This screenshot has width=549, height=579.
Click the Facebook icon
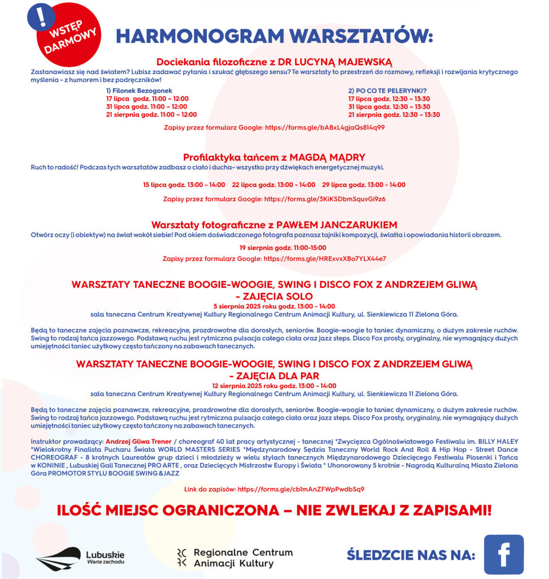coord(503,554)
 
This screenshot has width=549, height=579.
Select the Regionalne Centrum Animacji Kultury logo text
coord(243,558)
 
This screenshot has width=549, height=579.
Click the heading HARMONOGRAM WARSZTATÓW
coord(274,36)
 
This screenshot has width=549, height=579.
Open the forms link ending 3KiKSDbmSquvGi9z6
coord(325,199)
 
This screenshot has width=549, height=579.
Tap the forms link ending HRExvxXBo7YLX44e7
coord(325,258)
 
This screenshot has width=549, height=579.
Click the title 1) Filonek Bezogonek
coord(139,90)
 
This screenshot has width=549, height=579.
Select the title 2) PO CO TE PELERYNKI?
coord(387,90)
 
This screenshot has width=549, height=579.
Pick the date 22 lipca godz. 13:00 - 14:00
coord(273,185)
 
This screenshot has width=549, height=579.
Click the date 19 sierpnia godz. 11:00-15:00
coord(274,248)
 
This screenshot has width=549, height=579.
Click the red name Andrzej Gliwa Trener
coord(138,441)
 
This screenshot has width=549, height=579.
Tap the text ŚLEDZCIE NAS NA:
coord(411,555)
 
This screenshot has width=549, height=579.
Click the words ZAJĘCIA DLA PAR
coord(274,375)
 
